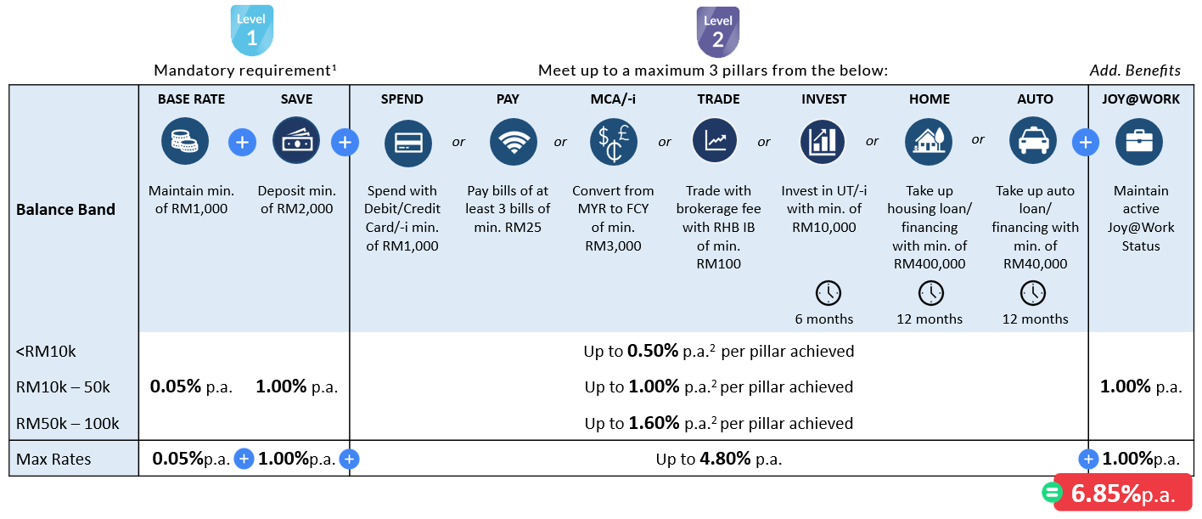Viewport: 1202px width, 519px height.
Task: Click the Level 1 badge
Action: click(252, 31)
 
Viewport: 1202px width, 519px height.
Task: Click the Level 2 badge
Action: click(717, 31)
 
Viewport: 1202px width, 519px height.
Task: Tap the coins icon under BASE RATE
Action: click(185, 141)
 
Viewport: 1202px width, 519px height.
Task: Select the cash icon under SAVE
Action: click(296, 141)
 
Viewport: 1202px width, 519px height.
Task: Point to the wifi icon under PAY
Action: click(514, 143)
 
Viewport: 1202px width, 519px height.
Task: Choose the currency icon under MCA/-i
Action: click(613, 143)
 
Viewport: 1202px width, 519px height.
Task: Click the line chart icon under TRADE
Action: click(716, 141)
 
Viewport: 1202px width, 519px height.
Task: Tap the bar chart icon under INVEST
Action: click(823, 142)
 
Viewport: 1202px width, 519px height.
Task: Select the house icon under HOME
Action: click(928, 142)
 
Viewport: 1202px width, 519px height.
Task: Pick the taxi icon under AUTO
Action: click(1033, 141)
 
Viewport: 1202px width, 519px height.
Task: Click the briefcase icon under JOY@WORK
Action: click(1139, 142)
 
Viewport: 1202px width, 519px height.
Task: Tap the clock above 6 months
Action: click(828, 293)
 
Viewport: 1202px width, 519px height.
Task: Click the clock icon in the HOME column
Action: click(930, 293)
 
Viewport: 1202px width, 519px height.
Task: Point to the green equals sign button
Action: click(1052, 494)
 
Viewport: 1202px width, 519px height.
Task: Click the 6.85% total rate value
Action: click(1106, 494)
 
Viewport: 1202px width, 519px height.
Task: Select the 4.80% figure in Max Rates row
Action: click(725, 460)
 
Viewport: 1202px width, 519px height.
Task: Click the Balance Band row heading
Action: click(65, 209)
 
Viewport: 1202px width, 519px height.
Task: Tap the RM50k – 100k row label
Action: click(68, 423)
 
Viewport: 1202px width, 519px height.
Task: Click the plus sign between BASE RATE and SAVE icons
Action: click(242, 142)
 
